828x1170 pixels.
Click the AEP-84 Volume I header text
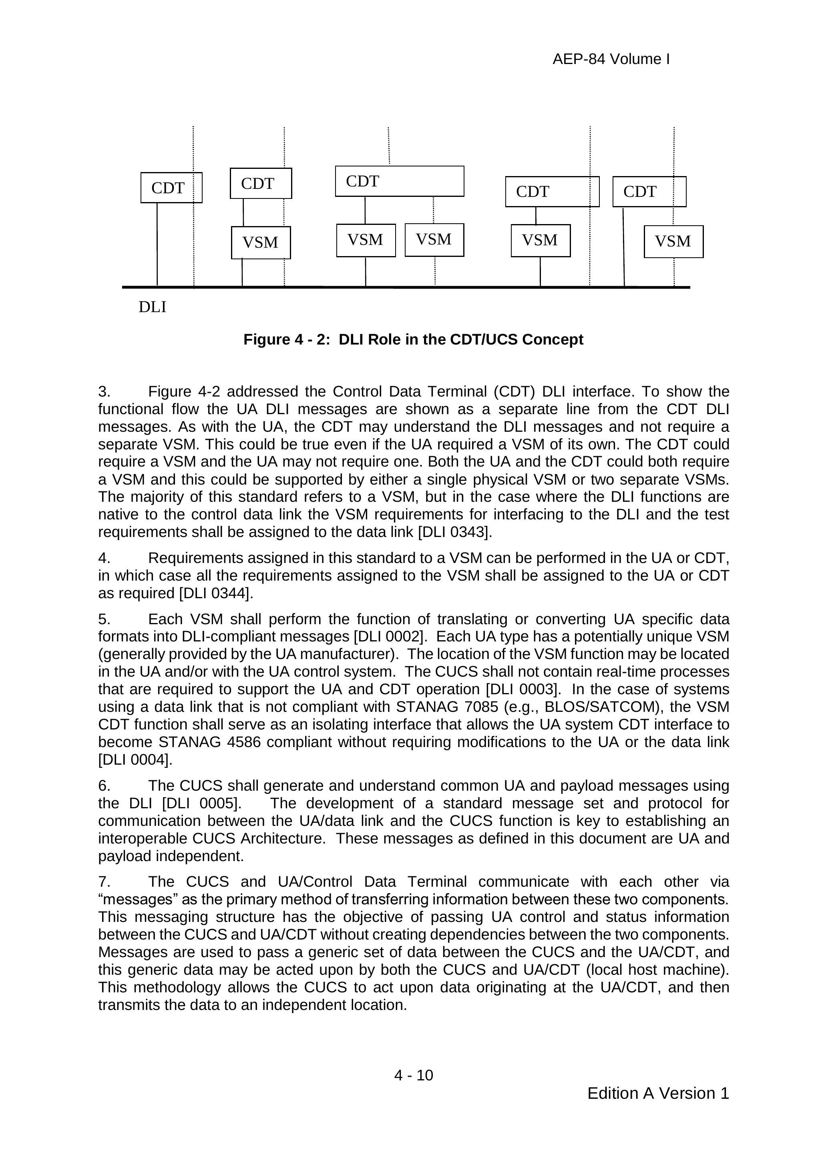click(x=611, y=60)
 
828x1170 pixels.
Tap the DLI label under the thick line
click(x=153, y=307)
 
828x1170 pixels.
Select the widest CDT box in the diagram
click(x=399, y=181)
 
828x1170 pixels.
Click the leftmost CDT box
click(x=171, y=188)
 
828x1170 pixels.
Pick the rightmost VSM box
click(x=673, y=242)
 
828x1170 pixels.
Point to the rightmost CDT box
click(x=649, y=192)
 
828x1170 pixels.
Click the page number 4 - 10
click(x=414, y=1075)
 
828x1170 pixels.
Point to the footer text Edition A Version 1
click(x=658, y=1093)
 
